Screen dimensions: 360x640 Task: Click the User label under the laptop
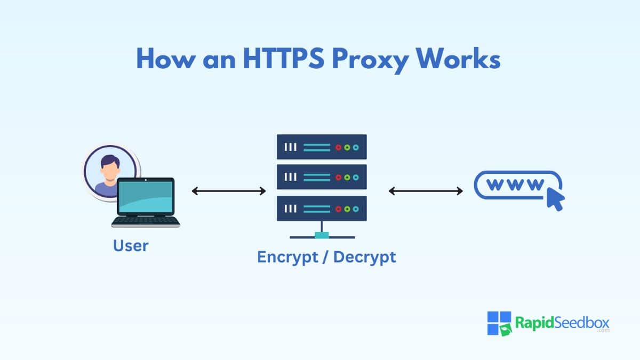pos(131,246)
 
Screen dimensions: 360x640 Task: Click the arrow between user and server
pos(228,191)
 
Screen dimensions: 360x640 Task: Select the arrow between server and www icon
pos(426,191)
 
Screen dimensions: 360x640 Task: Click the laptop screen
pos(146,196)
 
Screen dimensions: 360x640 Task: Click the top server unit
pos(322,147)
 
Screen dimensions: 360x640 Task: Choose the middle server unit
pos(322,177)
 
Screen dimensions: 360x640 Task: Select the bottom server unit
pos(322,208)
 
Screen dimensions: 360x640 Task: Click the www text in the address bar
pos(515,186)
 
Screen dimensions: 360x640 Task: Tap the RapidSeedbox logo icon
pos(499,323)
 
